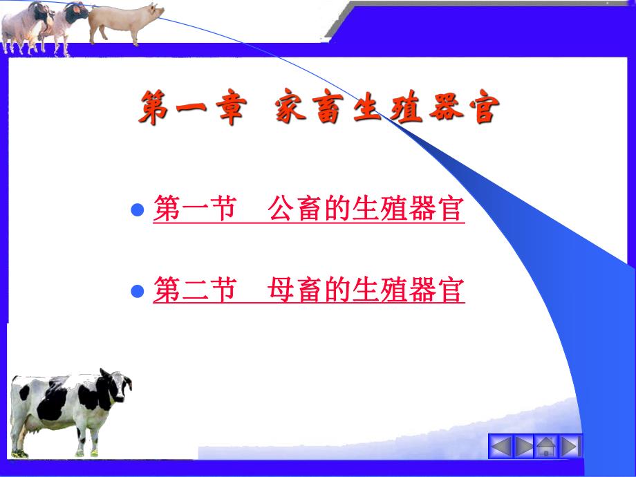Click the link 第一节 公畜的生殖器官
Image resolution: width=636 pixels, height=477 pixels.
[308, 208]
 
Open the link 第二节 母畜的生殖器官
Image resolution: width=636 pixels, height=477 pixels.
[308, 290]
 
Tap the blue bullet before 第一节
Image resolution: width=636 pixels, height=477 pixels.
[138, 209]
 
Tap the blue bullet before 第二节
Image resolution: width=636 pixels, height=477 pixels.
[138, 290]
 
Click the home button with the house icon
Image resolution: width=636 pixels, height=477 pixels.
[547, 446]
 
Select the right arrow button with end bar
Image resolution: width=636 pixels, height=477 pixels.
[570, 446]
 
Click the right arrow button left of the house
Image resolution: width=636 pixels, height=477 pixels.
[524, 446]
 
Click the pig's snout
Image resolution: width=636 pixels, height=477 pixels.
[161, 12]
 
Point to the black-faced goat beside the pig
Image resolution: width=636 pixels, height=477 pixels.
[69, 24]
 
